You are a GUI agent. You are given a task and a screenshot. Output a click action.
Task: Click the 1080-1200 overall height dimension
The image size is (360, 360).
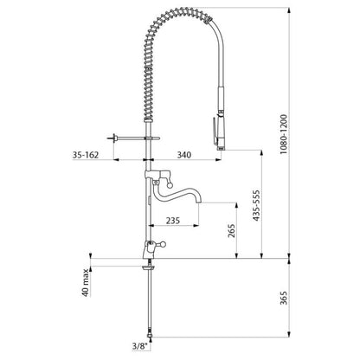tap(285, 134)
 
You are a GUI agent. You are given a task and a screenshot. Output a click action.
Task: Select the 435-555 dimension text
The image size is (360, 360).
tap(256, 205)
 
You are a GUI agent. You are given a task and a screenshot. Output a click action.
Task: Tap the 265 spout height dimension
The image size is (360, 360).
tap(231, 230)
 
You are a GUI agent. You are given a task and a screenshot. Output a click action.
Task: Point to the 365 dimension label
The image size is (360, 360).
tap(284, 298)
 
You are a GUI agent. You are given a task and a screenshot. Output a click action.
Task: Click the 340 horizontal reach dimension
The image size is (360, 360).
tap(184, 155)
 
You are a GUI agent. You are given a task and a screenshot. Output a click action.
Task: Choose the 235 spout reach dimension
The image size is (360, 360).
tap(173, 221)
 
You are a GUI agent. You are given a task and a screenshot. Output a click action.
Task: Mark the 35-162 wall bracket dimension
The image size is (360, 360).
tap(86, 155)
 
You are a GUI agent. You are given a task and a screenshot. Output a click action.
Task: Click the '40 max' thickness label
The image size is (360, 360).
tap(86, 283)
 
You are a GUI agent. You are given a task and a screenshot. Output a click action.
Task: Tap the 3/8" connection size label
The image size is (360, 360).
tap(140, 346)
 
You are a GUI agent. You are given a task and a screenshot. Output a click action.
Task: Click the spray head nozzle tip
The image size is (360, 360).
tap(221, 148)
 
